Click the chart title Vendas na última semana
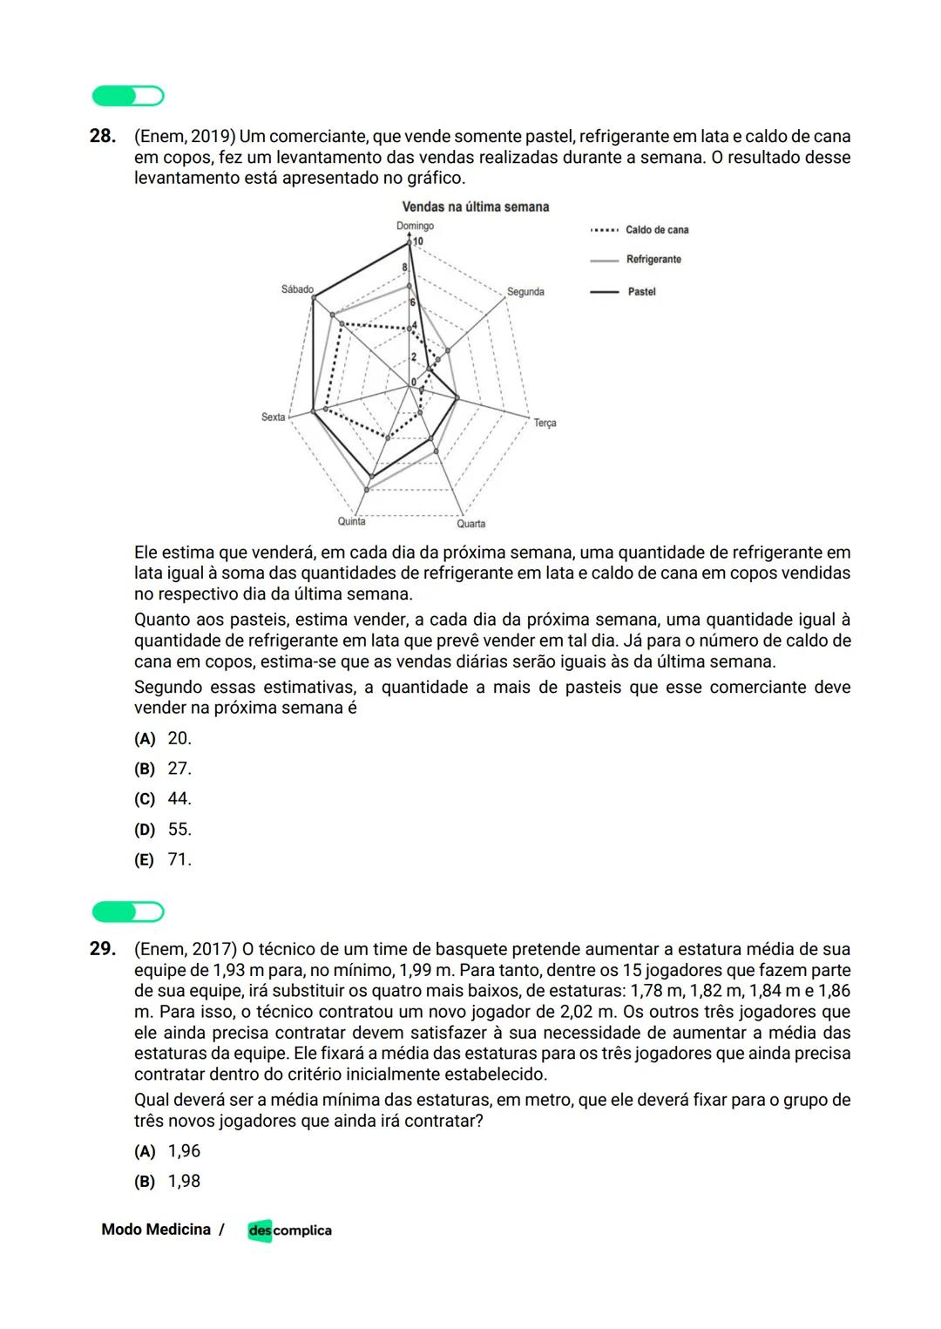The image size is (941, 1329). point(475,207)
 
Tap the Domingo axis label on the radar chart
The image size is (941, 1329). point(415,226)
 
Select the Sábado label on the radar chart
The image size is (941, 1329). point(297,289)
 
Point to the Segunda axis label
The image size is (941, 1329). point(525,292)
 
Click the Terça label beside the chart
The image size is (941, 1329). point(545,423)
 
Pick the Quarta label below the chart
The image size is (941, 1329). point(470,524)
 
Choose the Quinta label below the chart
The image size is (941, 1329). point(351,521)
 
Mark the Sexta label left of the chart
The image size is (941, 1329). point(274,417)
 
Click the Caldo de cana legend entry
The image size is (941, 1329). point(656,230)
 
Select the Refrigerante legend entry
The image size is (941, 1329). point(653,260)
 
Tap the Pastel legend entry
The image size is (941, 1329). point(641,292)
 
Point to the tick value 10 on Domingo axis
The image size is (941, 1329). point(418,241)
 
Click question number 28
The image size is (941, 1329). point(102,137)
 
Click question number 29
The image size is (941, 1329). point(102,949)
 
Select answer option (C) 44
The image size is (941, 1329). point(163,799)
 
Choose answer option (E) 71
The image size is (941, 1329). point(163,860)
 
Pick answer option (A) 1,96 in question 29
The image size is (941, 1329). point(167,1151)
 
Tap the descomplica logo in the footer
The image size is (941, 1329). point(289,1231)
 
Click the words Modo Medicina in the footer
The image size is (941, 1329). point(156,1230)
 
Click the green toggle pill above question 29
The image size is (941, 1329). point(128,912)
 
